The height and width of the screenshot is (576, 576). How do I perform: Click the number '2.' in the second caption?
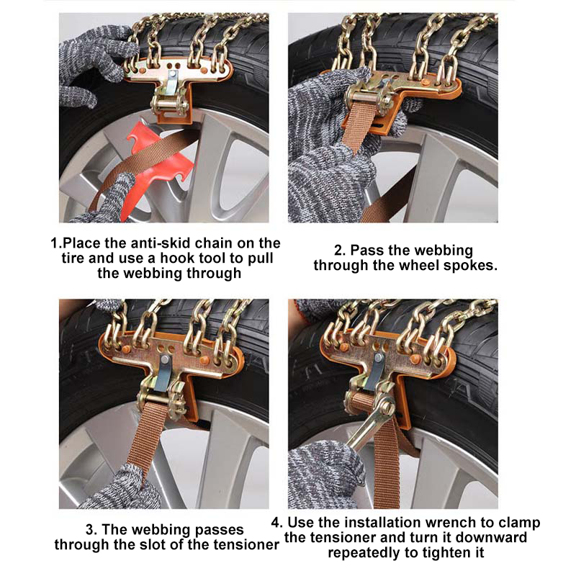click(341, 250)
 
